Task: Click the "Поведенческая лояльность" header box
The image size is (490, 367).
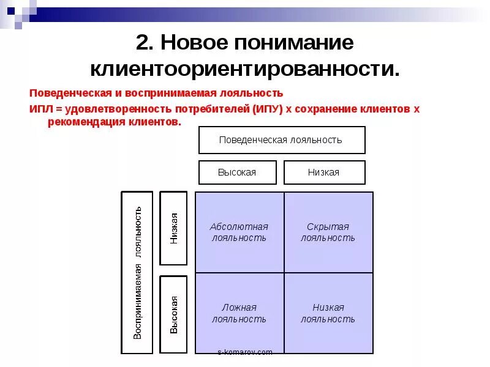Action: click(x=281, y=140)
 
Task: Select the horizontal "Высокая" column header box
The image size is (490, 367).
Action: click(x=237, y=172)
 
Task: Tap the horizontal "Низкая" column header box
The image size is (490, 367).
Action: click(x=323, y=172)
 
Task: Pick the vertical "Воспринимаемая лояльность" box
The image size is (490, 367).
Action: click(x=137, y=272)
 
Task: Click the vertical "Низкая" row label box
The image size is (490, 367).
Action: click(x=173, y=228)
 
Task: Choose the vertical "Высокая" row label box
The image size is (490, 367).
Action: click(x=173, y=314)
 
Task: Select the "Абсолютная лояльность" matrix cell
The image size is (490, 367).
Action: click(x=239, y=232)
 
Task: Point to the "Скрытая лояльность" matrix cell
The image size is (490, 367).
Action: click(x=328, y=232)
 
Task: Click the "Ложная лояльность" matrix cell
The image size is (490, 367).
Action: click(x=239, y=313)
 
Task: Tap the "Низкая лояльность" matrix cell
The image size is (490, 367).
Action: click(x=328, y=313)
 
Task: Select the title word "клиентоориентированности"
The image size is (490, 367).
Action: click(x=244, y=68)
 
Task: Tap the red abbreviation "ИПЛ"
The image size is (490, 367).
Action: click(x=41, y=109)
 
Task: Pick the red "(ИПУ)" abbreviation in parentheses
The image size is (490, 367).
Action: click(x=266, y=109)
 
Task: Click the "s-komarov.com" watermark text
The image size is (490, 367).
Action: click(x=245, y=352)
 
